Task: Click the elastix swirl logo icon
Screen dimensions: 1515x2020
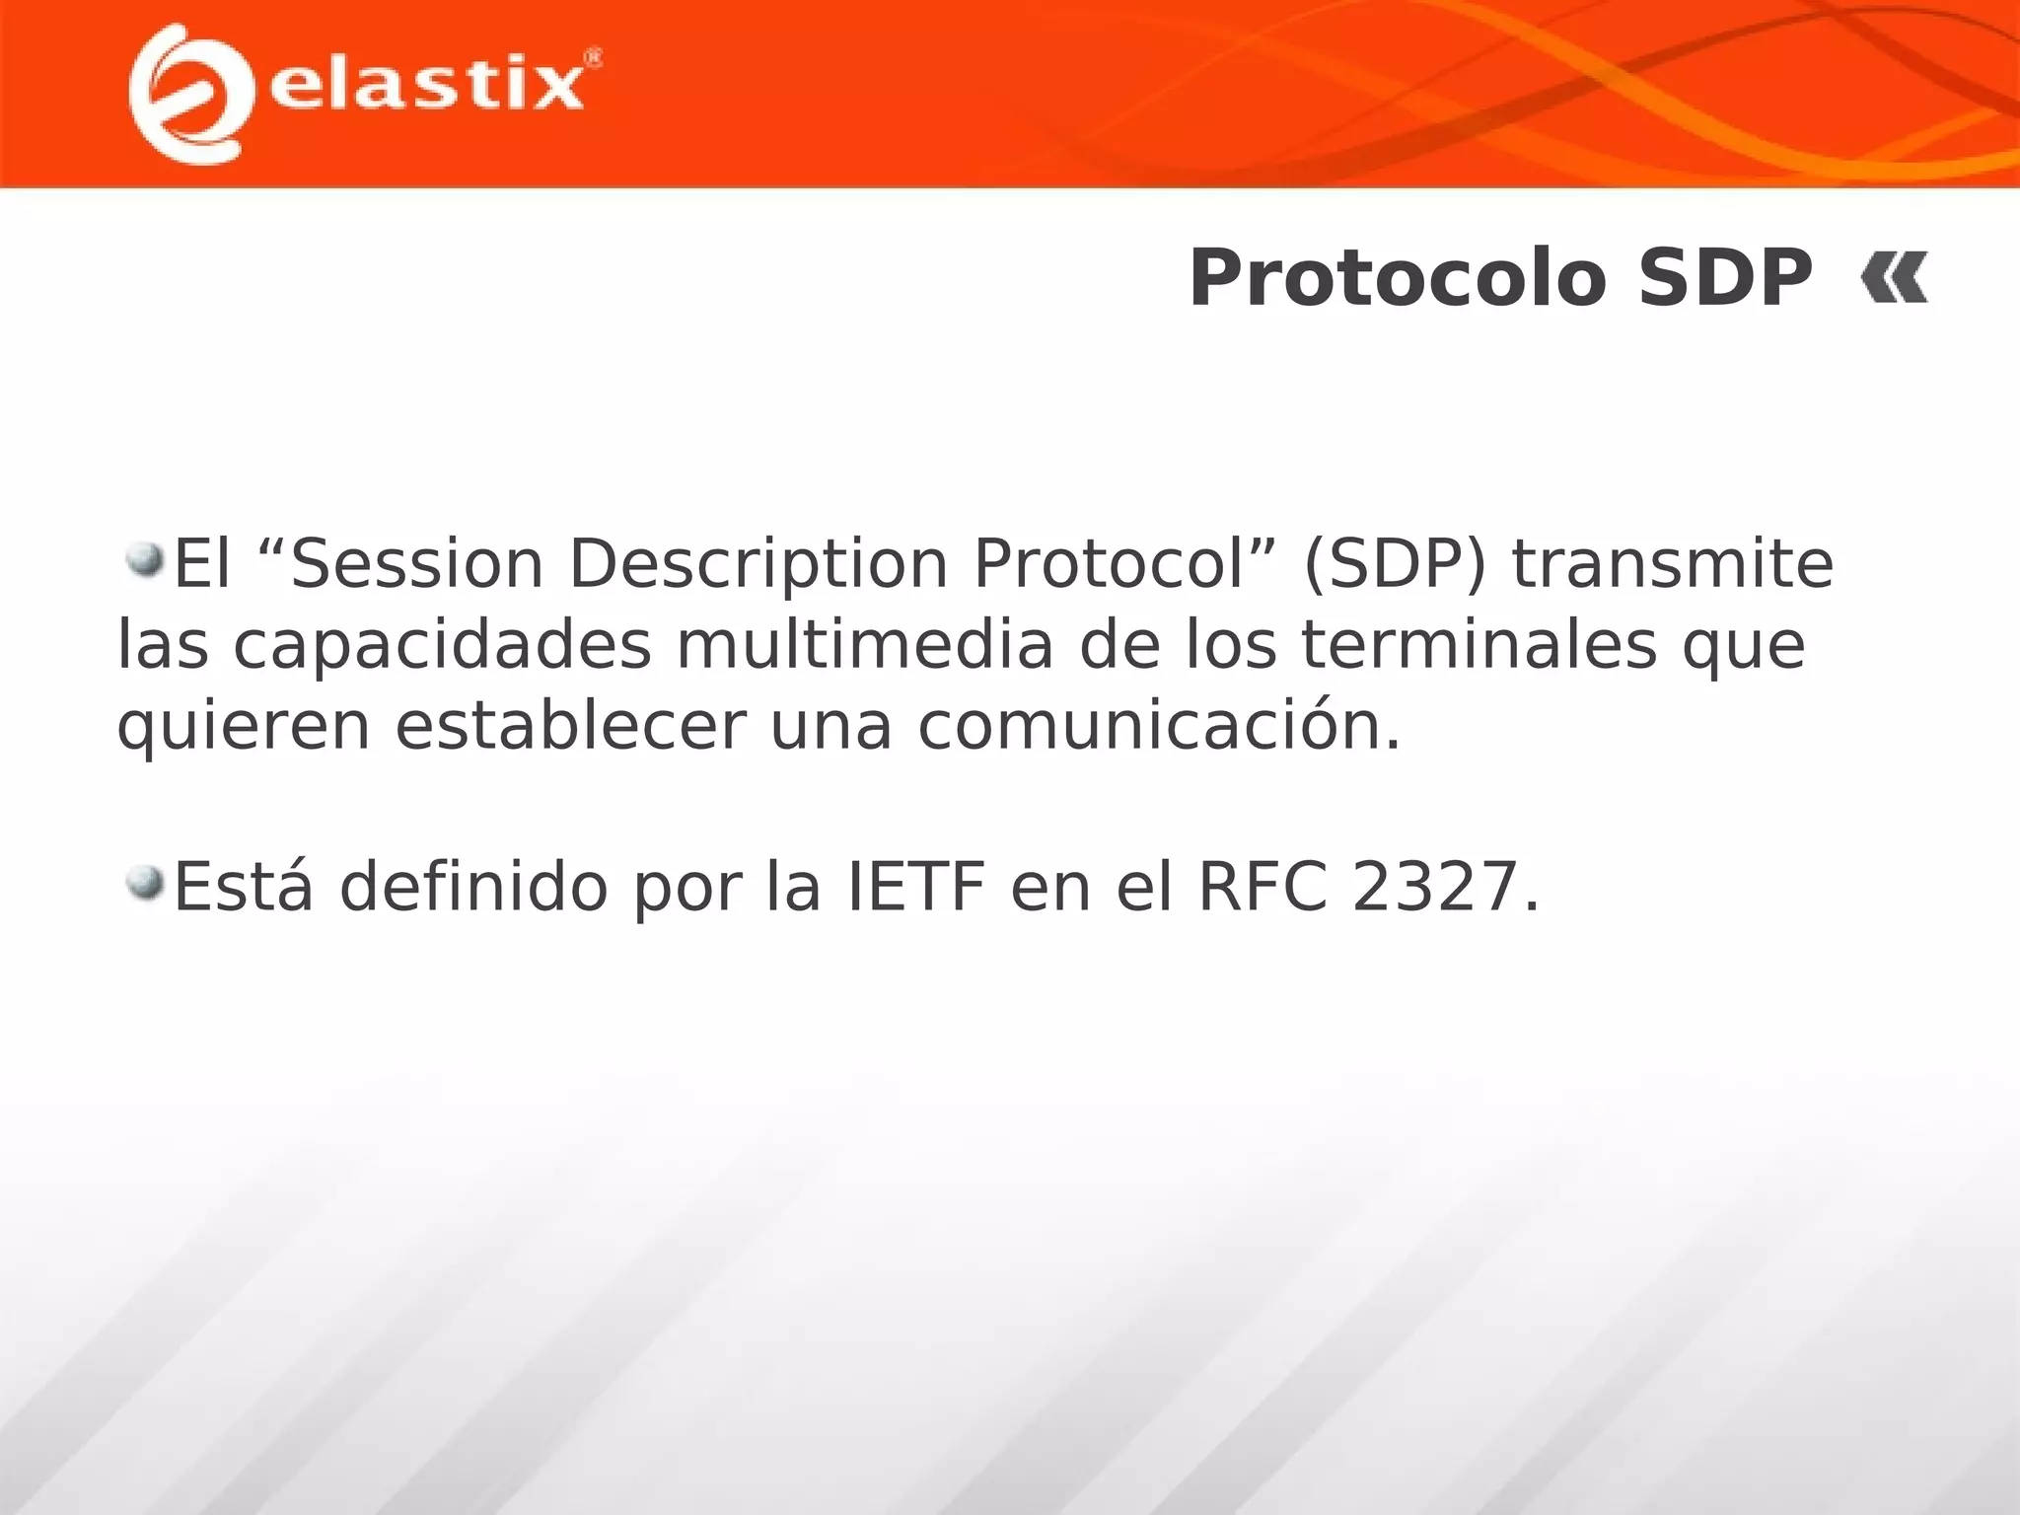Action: (187, 94)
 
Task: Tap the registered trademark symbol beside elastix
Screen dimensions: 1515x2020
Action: (594, 58)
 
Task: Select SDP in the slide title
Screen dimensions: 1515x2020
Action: (1725, 279)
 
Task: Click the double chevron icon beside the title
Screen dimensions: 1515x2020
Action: (1894, 279)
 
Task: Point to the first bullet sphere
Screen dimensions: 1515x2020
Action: (145, 559)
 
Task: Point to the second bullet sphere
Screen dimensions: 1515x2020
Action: (145, 881)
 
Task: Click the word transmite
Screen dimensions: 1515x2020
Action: (1673, 564)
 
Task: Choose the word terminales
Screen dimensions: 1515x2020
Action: (1479, 645)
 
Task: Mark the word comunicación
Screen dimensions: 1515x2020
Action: (1159, 726)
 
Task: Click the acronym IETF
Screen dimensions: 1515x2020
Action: (916, 887)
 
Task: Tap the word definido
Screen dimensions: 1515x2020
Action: (473, 887)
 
